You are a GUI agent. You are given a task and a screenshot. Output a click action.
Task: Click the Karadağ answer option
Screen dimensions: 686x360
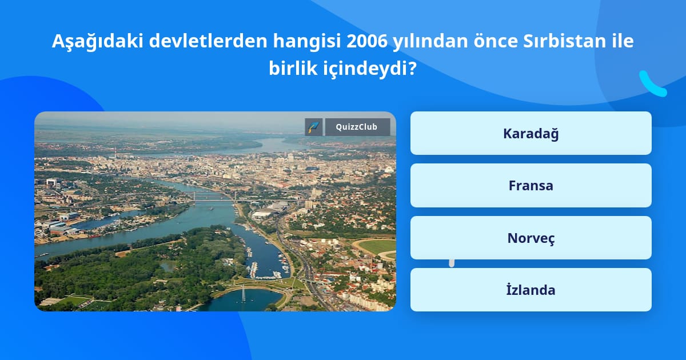coord(531,133)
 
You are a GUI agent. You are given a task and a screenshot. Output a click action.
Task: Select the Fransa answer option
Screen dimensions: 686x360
coord(531,186)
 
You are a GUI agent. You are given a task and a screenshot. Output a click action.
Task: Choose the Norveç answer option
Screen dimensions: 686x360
coord(531,238)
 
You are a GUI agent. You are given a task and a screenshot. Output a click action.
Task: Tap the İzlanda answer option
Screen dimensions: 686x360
coord(531,290)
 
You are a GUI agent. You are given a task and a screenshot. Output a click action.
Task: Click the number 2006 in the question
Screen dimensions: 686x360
coord(367,41)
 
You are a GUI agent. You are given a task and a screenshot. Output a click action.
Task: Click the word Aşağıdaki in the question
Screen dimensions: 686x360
coord(98,42)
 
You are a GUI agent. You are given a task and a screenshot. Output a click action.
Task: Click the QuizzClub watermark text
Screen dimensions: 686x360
coord(357,127)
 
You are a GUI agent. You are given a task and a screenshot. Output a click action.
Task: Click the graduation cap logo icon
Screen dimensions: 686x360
coord(314,127)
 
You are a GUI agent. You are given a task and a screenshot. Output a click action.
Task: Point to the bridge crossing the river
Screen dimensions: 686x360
coord(214,199)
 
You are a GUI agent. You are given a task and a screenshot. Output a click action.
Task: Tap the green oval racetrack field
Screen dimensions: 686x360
coord(376,247)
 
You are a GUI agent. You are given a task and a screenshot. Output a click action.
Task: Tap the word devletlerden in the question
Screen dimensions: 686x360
coord(208,41)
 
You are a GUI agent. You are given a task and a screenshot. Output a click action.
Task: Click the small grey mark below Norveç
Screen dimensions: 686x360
coord(452,263)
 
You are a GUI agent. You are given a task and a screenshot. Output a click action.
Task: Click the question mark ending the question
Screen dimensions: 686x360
coord(413,68)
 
